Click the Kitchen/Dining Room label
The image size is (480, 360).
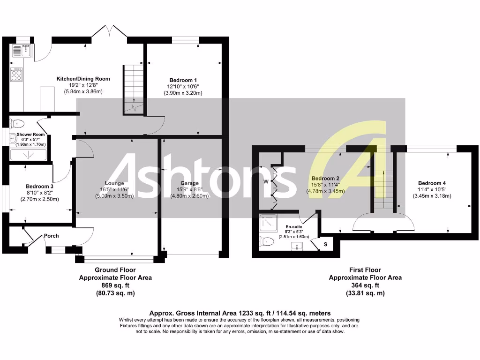pos(83,79)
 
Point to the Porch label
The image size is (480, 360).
pos(52,236)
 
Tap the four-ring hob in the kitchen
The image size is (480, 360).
pos(17,74)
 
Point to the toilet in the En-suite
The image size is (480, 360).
pos(267,242)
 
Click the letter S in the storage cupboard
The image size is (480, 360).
pos(325,244)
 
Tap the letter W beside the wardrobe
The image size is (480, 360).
pos(265,181)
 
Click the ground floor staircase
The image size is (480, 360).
pos(134,89)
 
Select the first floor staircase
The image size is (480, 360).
pos(383,189)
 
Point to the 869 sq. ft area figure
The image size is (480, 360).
pos(115,285)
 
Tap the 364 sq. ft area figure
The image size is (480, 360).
pos(365,285)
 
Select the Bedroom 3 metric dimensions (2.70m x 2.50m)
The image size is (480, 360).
pos(40,199)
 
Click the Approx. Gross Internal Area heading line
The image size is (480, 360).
pos(240,313)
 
